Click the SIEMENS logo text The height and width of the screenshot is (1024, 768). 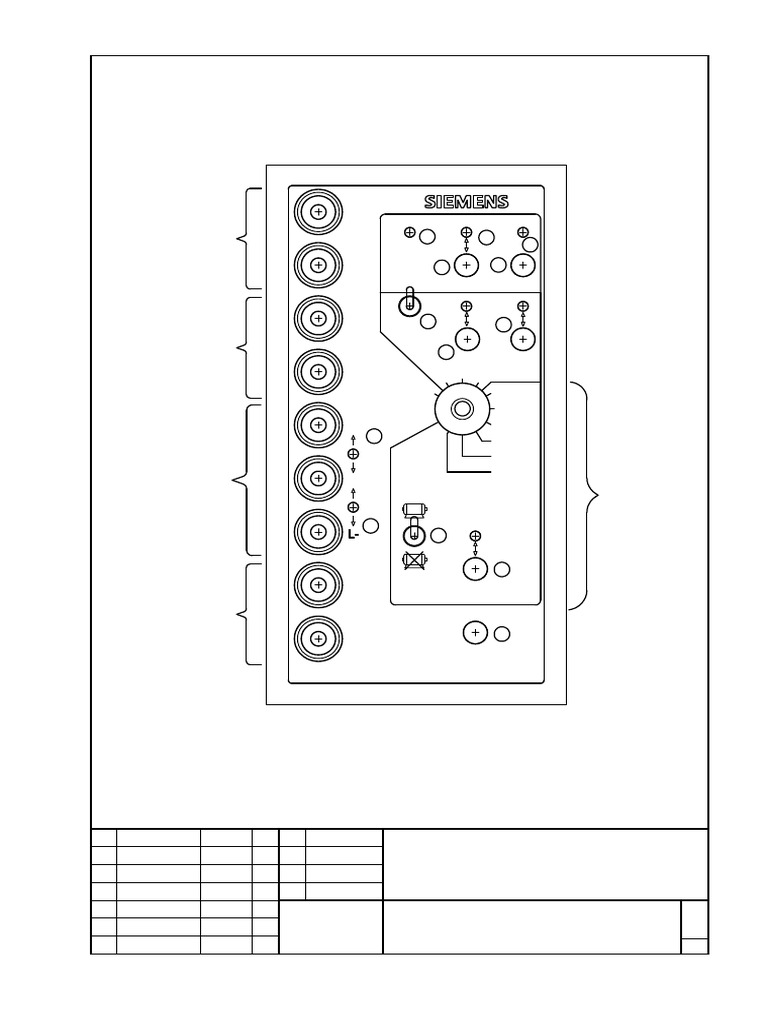pyautogui.click(x=466, y=202)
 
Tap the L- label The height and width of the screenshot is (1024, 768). pyautogui.click(x=353, y=535)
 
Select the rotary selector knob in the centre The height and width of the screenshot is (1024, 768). pyautogui.click(x=462, y=408)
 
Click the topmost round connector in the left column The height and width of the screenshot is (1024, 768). pyautogui.click(x=318, y=212)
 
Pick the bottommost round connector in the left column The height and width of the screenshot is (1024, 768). pyautogui.click(x=318, y=637)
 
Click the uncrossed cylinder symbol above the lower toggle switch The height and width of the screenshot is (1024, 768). pyautogui.click(x=413, y=509)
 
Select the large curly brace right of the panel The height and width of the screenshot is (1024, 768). pyautogui.click(x=590, y=494)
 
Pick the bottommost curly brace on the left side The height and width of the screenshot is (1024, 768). pyautogui.click(x=248, y=613)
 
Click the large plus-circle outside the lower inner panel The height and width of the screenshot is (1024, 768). pyautogui.click(x=475, y=632)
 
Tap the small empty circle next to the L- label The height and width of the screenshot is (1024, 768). pyautogui.click(x=370, y=525)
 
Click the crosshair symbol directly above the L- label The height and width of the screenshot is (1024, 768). pyautogui.click(x=353, y=507)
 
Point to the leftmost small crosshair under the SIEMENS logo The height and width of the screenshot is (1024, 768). pyautogui.click(x=409, y=233)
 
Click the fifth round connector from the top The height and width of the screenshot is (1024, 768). pyautogui.click(x=318, y=425)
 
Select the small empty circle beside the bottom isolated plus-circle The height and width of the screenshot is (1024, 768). pyautogui.click(x=503, y=633)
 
